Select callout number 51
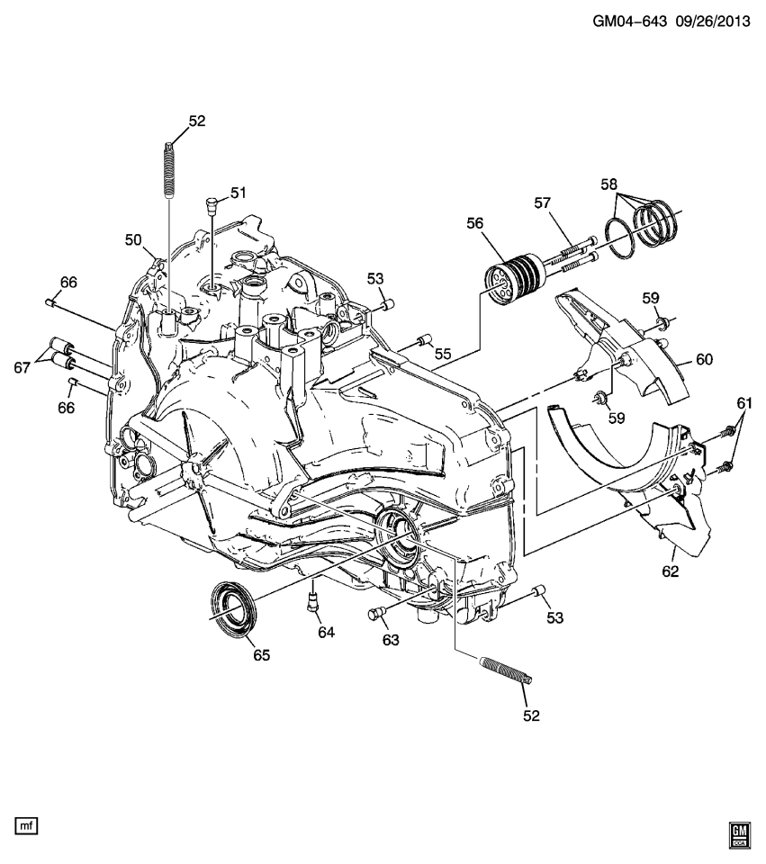(238, 193)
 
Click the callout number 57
(543, 204)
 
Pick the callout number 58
(610, 184)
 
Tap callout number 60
(703, 359)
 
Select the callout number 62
(671, 571)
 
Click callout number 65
(261, 655)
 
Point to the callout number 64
(325, 633)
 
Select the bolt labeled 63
(376, 615)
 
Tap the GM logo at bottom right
(740, 834)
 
